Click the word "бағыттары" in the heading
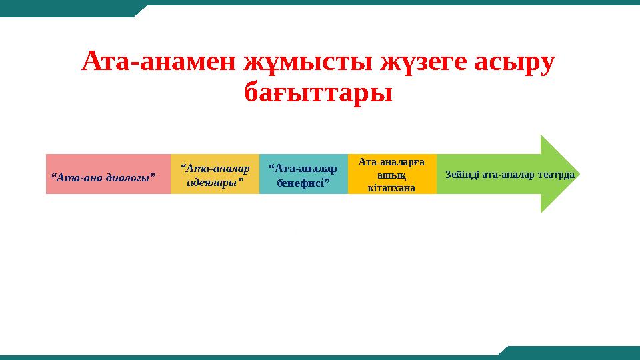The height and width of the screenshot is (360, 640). (319, 93)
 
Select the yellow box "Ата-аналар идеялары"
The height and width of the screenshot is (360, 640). (215, 174)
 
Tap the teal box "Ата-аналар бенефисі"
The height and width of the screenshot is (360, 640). (303, 174)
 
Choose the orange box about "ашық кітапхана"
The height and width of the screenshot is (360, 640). (392, 174)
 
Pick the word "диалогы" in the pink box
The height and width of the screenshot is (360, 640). (131, 177)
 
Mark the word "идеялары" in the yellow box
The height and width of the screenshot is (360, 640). (215, 181)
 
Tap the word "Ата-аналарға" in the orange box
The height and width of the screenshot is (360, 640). (392, 161)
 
